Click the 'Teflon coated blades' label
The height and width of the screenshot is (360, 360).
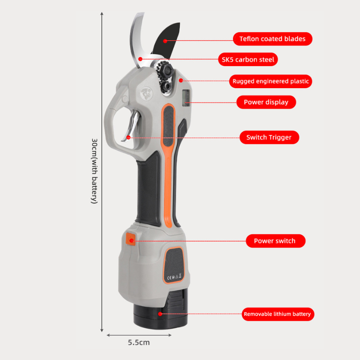coord(273,39)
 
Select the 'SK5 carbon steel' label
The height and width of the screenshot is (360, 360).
coord(248,59)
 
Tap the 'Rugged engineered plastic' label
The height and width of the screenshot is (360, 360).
coord(270,81)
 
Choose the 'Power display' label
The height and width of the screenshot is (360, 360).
coord(266,102)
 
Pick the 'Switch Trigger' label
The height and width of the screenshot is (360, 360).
coord(269,138)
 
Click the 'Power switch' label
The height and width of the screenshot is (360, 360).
coord(275,241)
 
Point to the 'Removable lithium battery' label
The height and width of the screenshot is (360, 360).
coord(278,314)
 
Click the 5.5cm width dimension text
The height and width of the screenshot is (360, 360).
coord(139,342)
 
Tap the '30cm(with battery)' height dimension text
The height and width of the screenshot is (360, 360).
coord(94,171)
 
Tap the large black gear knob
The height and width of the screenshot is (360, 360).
coord(165,69)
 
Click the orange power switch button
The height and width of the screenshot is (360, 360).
coord(130,239)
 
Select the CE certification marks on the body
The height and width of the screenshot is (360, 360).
coord(174,277)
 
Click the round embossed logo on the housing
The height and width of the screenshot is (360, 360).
coord(147,94)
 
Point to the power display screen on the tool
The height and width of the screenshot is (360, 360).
coord(186,98)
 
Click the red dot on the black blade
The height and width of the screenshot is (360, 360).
coord(165,41)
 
